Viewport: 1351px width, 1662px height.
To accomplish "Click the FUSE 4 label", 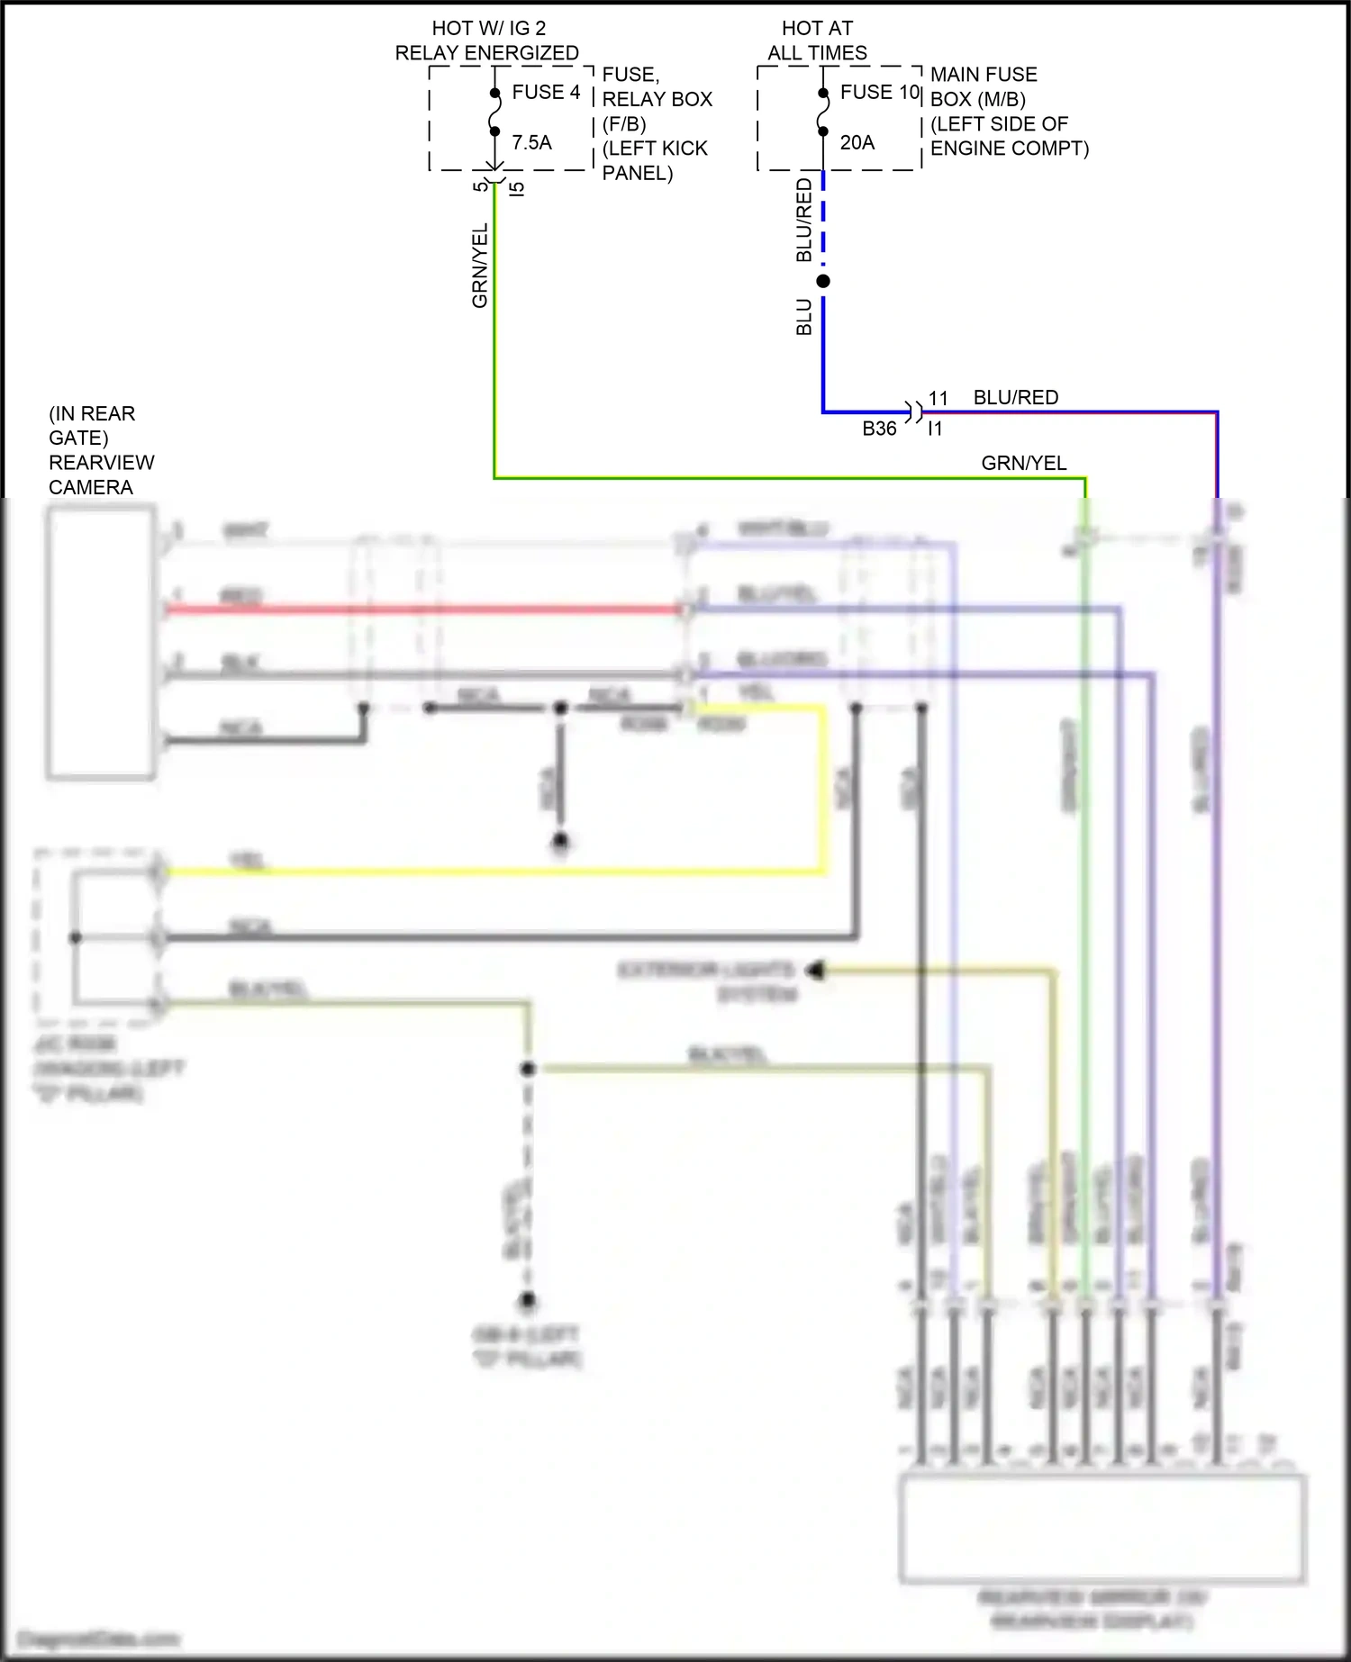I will [546, 93].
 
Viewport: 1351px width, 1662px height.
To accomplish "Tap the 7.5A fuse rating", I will [531, 142].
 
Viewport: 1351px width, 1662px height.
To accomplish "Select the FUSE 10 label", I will [879, 93].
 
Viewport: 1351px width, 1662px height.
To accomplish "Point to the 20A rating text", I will [857, 142].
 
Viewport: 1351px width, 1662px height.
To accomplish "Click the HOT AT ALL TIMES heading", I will [817, 41].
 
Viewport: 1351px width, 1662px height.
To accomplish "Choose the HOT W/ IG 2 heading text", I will [488, 29].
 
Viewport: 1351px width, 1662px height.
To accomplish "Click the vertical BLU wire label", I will [804, 317].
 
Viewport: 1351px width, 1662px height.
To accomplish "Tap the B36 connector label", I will [879, 429].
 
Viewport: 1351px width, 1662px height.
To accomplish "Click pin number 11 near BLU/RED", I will [938, 398].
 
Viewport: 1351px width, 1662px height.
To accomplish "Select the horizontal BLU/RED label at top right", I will [1015, 398].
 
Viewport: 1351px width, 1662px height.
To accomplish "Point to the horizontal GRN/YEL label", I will [1023, 464].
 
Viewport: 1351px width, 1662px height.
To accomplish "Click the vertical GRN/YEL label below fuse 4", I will [480, 266].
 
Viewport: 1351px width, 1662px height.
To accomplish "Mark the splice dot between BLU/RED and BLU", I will [823, 282].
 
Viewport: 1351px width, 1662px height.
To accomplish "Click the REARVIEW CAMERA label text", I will [101, 474].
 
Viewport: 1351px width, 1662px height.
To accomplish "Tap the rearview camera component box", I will [101, 643].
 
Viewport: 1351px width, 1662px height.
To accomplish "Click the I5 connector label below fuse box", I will [517, 189].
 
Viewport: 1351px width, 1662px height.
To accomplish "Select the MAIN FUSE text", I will [984, 75].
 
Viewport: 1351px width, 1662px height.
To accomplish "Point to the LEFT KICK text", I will [655, 149].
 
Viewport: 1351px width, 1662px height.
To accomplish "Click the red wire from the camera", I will [423, 610].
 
